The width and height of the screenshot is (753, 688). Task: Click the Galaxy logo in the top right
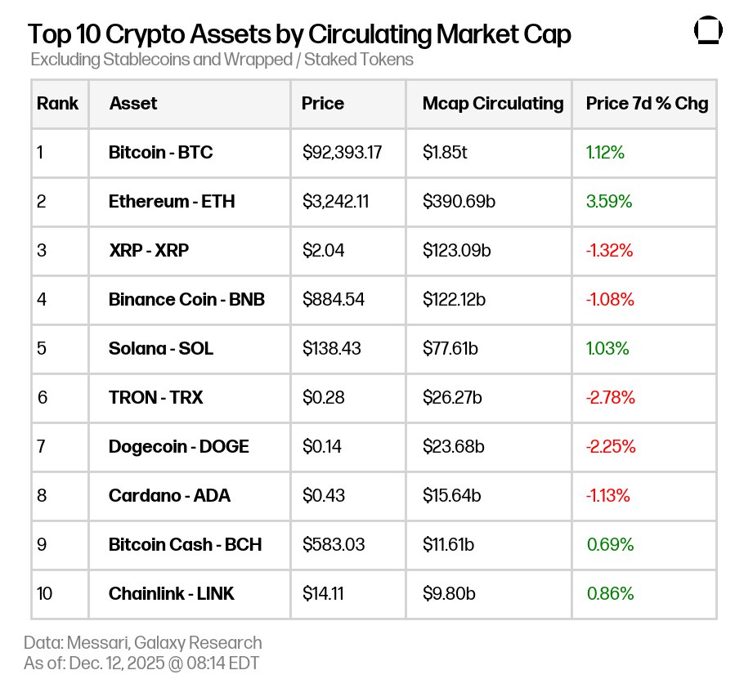(708, 32)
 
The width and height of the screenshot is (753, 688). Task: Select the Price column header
(323, 104)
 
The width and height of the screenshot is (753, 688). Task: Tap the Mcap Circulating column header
(493, 104)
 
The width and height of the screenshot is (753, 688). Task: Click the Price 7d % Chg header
(647, 104)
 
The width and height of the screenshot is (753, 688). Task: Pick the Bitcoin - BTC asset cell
(161, 152)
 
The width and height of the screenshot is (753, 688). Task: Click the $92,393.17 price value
(342, 152)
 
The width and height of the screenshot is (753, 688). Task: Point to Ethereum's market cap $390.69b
(459, 201)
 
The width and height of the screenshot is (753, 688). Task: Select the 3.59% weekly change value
(609, 201)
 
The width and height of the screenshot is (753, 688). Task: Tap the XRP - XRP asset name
(149, 250)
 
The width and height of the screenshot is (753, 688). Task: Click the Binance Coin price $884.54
(334, 299)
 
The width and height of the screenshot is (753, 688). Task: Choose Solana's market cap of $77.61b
(450, 348)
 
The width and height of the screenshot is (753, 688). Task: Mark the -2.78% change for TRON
(611, 397)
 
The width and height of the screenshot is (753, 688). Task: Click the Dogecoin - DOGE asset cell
(179, 446)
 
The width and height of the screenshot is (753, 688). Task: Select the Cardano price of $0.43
(324, 495)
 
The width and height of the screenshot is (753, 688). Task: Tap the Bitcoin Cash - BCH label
(186, 544)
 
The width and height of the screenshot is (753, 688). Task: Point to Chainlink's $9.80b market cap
(448, 593)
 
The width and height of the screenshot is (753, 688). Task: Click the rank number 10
(45, 593)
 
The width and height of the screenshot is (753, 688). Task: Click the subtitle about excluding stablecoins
(222, 60)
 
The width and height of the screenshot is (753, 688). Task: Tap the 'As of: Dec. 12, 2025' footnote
(141, 663)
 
